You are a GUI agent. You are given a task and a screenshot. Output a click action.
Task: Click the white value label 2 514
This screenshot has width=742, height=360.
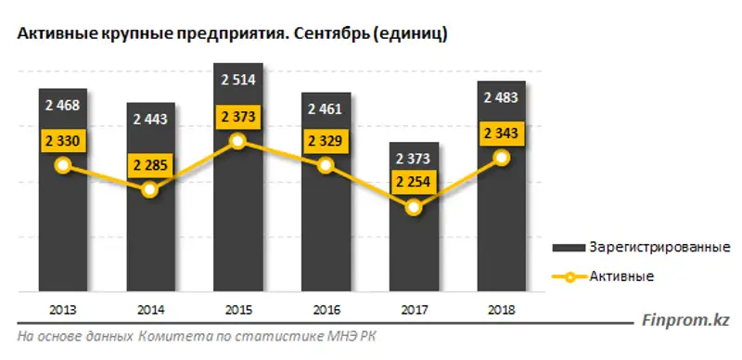coord(238,80)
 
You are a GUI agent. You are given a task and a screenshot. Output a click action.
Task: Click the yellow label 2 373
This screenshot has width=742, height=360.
coord(238,118)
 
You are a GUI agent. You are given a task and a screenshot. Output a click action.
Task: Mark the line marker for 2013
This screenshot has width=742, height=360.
coord(63,165)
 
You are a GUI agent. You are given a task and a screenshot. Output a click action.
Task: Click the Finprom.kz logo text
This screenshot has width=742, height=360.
coord(685,321)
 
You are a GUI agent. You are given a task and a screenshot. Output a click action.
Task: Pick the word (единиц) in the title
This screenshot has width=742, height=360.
coord(414,34)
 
